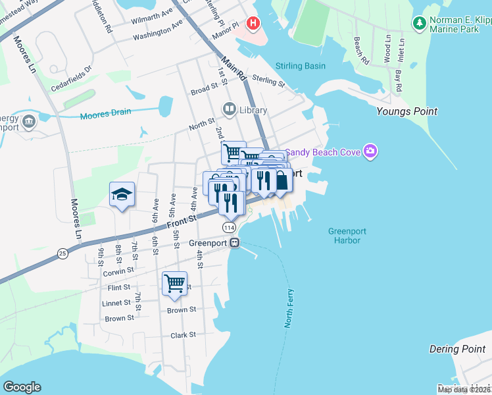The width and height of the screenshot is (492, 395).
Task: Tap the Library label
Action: (253, 110)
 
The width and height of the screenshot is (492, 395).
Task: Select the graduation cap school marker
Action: (122, 194)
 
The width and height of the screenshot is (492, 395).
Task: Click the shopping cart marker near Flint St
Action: (174, 284)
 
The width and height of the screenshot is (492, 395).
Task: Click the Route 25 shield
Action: (62, 252)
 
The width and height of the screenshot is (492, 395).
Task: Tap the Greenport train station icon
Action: (234, 243)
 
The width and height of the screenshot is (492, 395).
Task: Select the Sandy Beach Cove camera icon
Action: (370, 153)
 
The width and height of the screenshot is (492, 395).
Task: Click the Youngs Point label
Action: (406, 111)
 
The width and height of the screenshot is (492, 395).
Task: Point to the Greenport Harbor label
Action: (346, 236)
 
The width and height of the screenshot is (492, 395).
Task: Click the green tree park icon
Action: (419, 23)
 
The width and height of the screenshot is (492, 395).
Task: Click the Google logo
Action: (22, 387)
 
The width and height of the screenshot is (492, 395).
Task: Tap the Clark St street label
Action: (183, 334)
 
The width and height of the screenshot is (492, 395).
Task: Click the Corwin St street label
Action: (118, 271)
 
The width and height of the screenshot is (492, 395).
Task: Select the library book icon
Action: (230, 109)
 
